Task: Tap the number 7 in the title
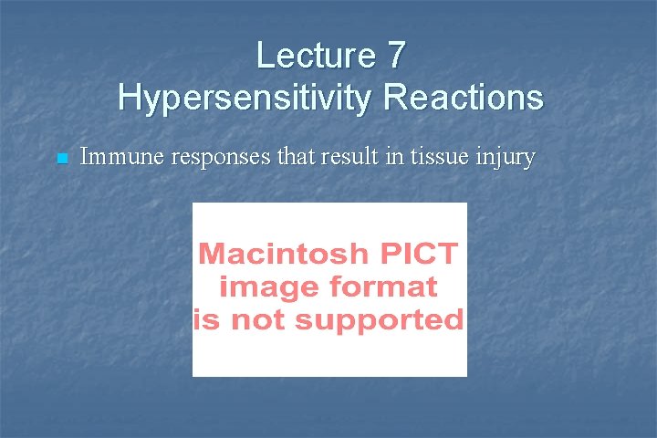point(394,56)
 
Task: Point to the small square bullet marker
point(61,160)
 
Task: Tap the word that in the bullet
point(294,158)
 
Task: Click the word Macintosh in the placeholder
point(285,254)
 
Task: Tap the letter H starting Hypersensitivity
point(129,97)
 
